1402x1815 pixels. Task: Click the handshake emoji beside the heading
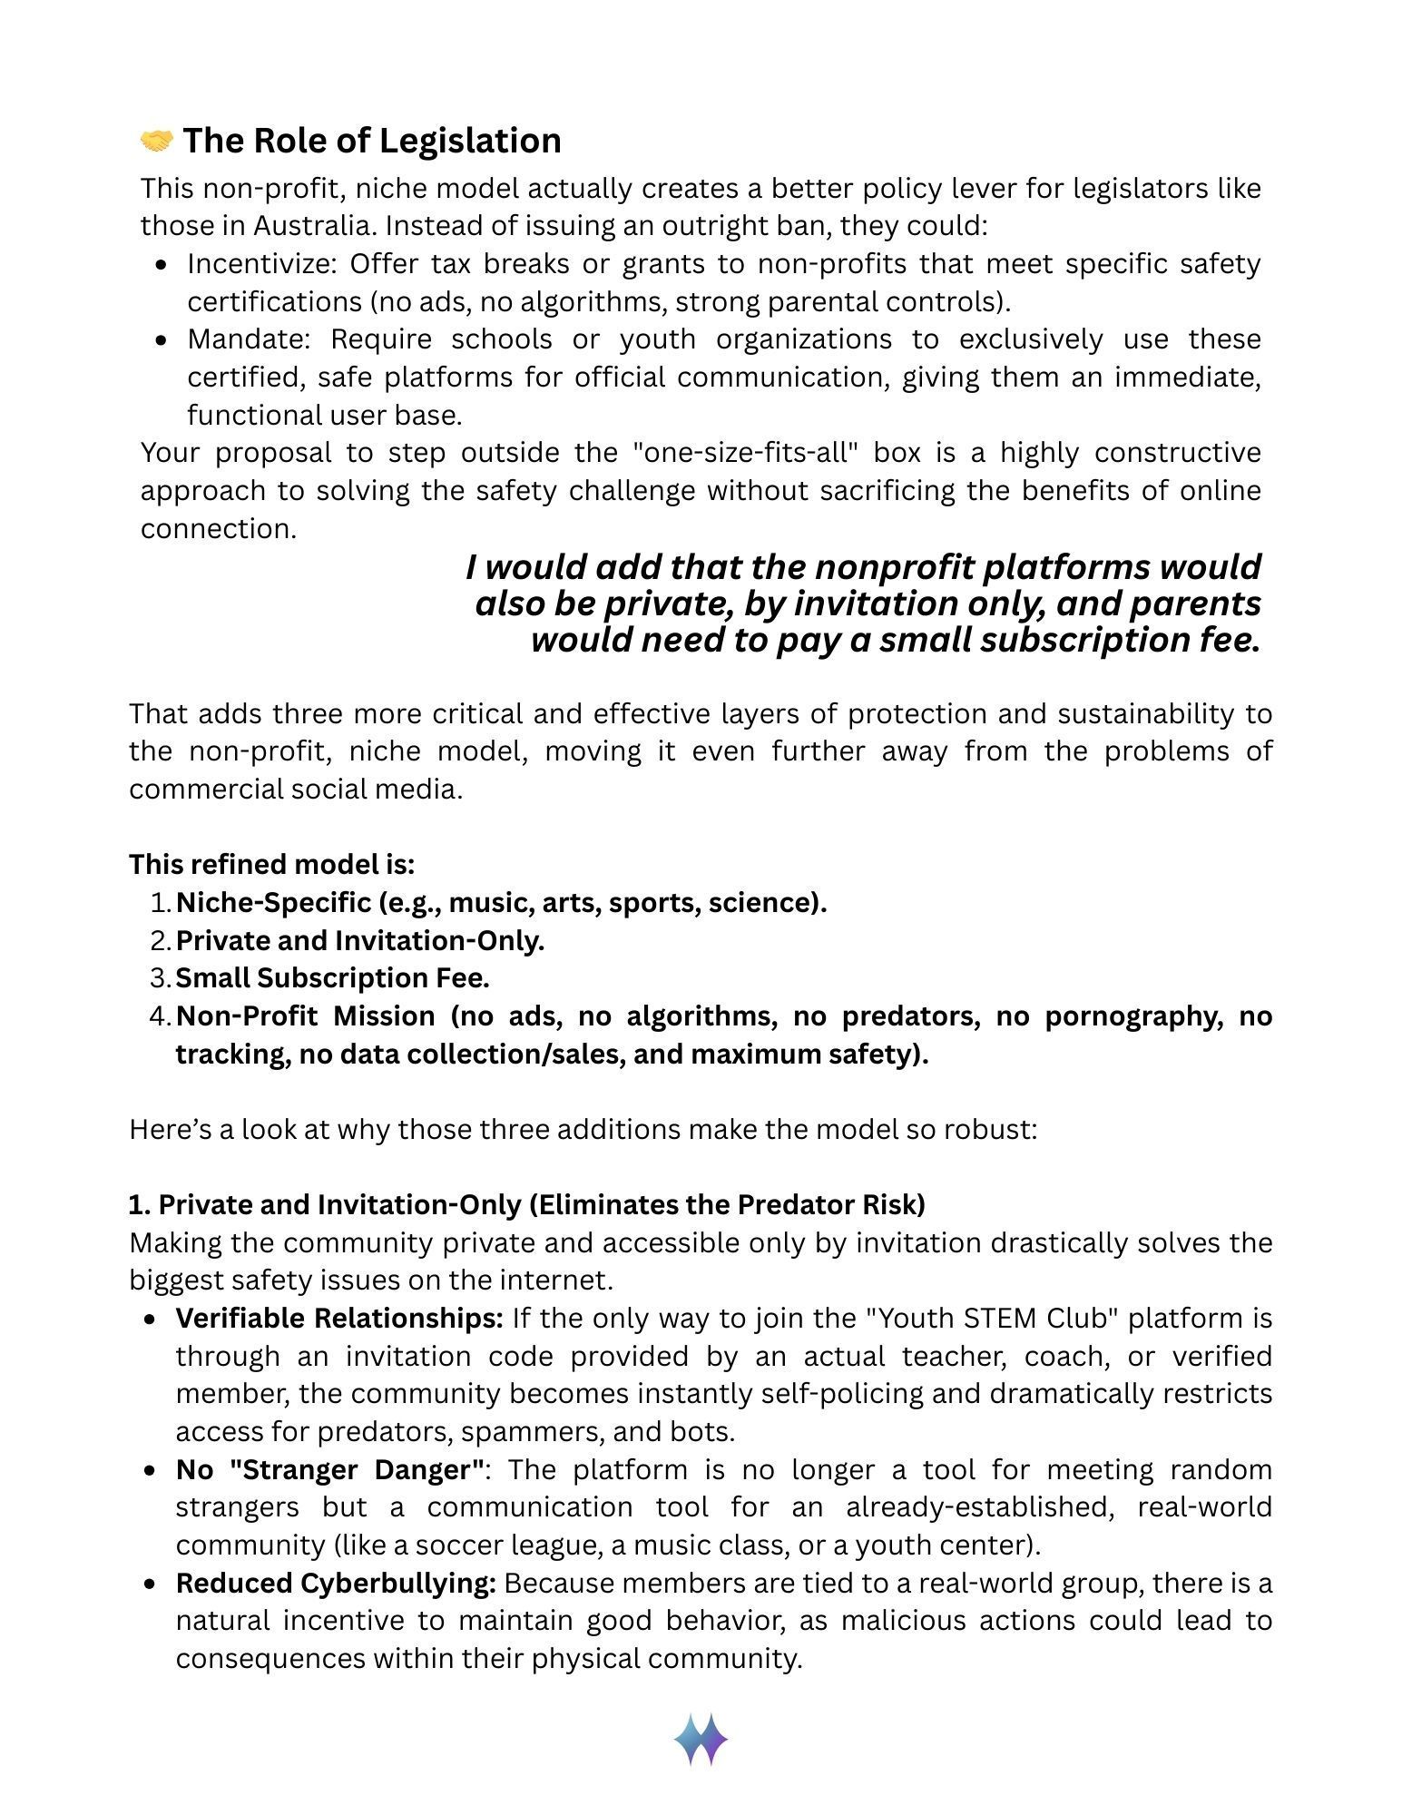click(x=156, y=141)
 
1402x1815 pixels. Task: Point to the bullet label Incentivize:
click(x=261, y=263)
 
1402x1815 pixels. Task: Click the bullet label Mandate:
click(x=249, y=338)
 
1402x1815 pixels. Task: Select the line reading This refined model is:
click(x=271, y=864)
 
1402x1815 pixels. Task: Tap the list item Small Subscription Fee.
click(x=332, y=978)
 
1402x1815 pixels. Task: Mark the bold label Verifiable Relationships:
click(x=339, y=1318)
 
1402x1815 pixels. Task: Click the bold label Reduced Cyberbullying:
click(x=336, y=1583)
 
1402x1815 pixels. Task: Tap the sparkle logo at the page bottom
click(x=701, y=1740)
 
